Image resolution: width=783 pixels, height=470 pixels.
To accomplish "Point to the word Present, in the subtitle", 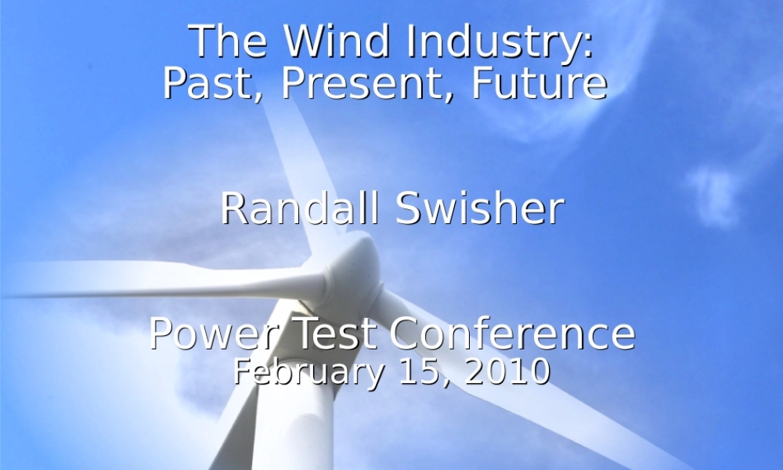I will (x=368, y=83).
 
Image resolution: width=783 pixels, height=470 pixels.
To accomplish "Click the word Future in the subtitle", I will (x=539, y=83).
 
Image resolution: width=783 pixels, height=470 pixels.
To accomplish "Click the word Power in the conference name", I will (x=215, y=334).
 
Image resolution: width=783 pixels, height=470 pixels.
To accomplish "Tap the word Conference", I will (x=513, y=334).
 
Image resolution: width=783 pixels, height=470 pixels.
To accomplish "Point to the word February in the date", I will (x=308, y=371).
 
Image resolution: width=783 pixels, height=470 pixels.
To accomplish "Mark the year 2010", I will (x=507, y=371).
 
